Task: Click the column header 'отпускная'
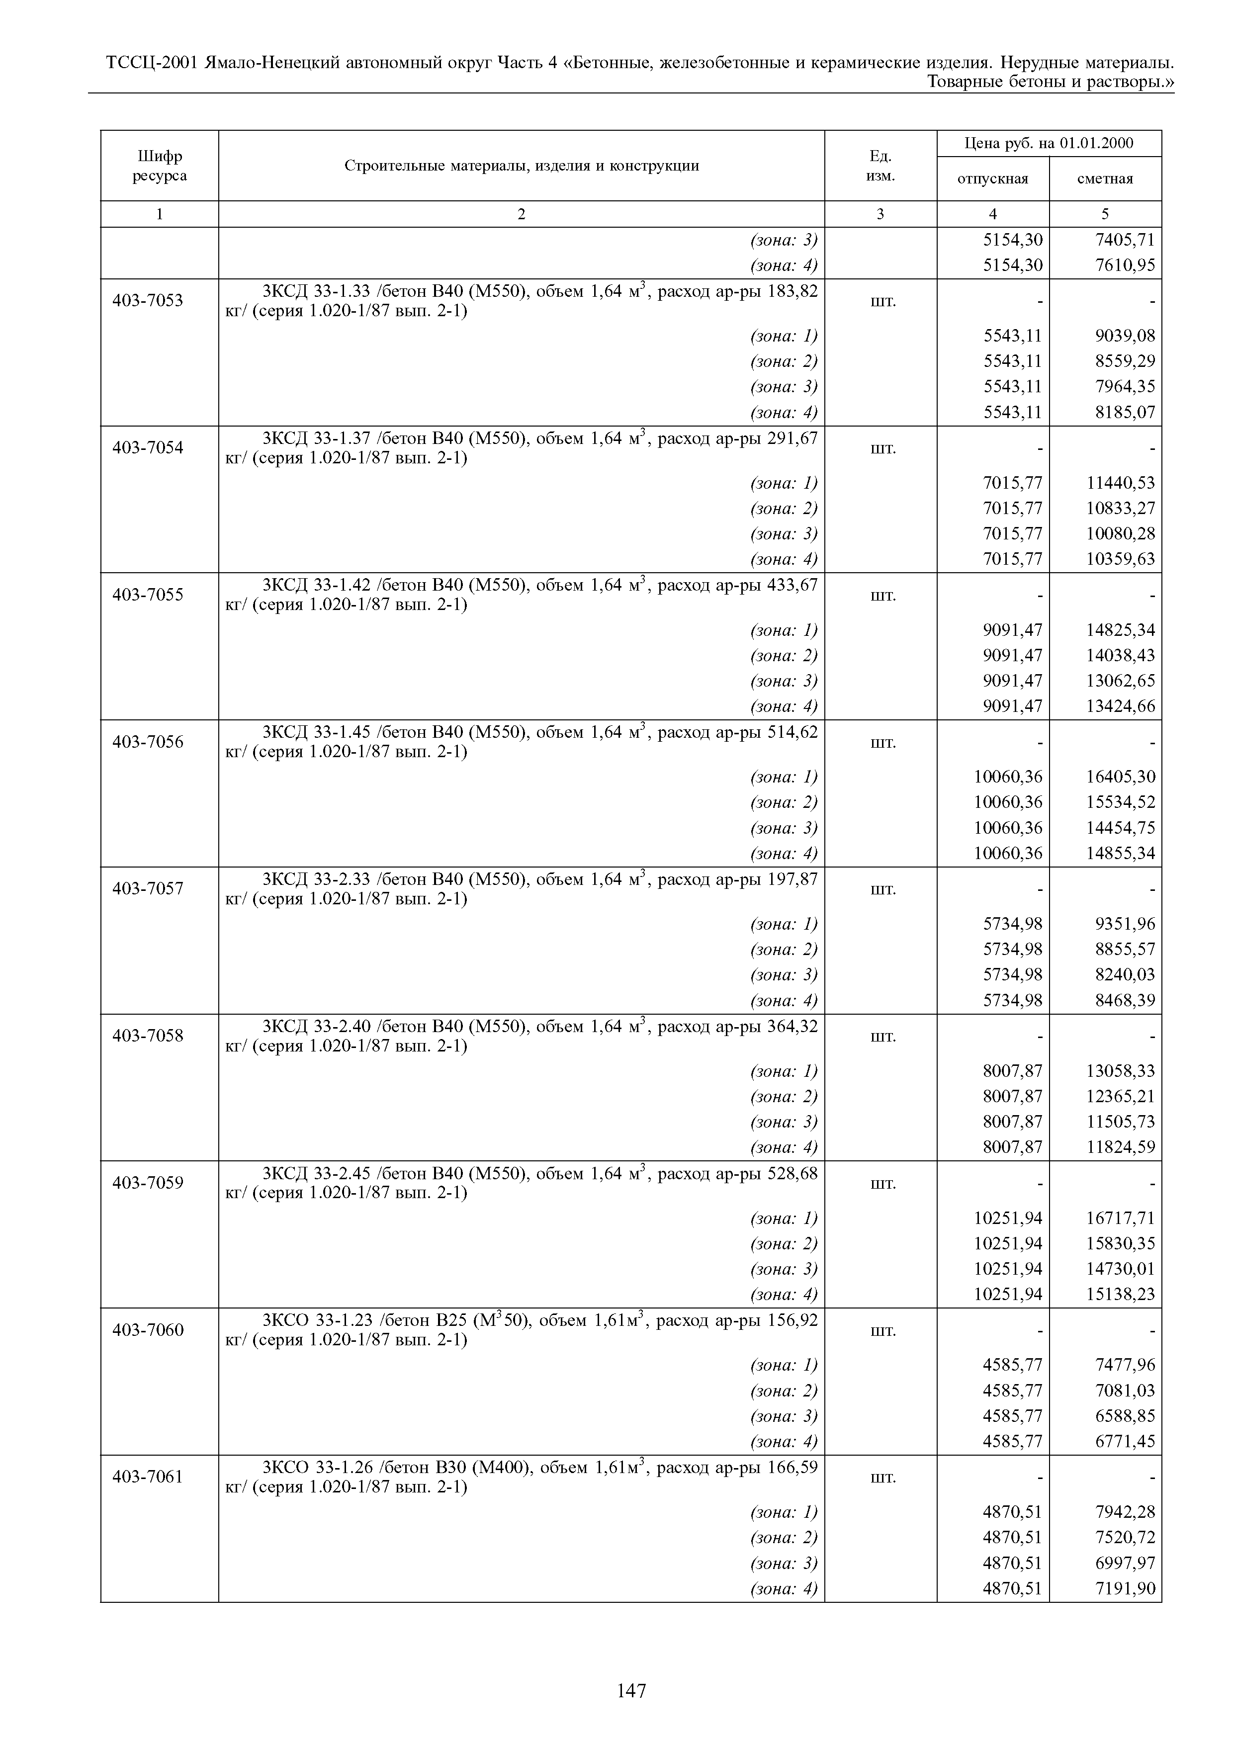click(x=992, y=179)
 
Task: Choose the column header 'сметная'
click(x=1105, y=179)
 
